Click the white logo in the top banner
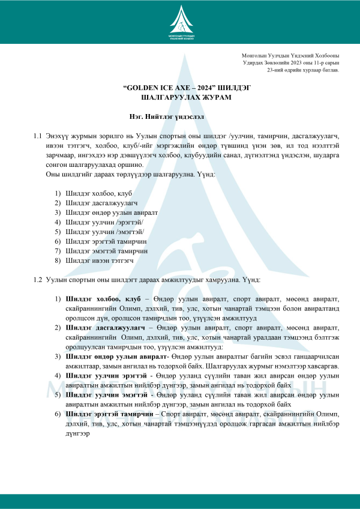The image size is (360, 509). [180, 24]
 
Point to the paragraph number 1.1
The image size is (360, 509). [37, 136]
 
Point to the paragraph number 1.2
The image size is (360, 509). [37, 280]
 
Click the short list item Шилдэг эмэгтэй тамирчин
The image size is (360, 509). [107, 251]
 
